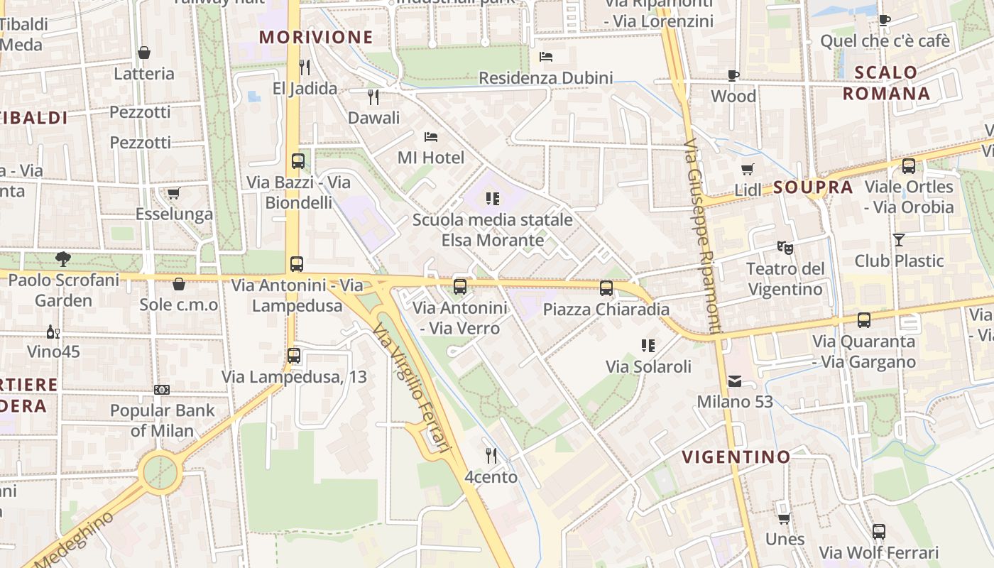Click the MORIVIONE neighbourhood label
coord(316,38)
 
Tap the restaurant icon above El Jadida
coord(305,67)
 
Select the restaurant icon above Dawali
coord(373,97)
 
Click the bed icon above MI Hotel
coord(430,136)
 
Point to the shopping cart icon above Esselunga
coord(174,193)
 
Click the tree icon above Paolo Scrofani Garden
coord(63,259)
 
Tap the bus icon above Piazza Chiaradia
coord(606,288)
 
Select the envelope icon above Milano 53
coord(734,381)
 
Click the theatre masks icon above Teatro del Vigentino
coord(785,248)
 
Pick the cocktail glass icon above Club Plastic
coord(899,240)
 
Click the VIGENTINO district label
coord(736,457)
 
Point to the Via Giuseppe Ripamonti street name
coord(703,234)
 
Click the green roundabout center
coord(160,472)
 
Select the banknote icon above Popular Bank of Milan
coord(162,390)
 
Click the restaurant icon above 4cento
coord(491,455)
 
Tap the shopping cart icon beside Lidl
coord(747,169)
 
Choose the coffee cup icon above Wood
coord(733,75)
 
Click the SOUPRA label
coord(812,187)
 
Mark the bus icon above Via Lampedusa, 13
coord(294,356)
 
